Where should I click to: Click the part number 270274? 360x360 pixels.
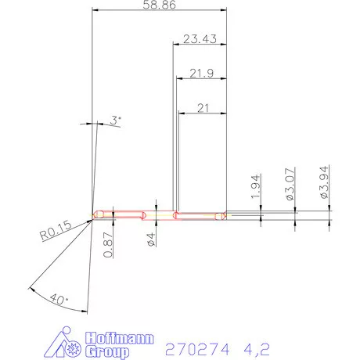192,346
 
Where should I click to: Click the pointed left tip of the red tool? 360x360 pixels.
92,217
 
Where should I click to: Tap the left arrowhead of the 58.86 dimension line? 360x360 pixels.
95,10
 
